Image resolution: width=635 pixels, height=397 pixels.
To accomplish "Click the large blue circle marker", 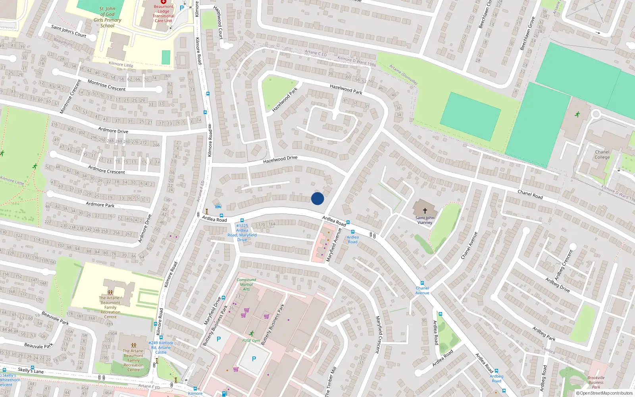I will point(317,198).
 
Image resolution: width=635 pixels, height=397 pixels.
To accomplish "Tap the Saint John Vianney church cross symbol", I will point(425,211).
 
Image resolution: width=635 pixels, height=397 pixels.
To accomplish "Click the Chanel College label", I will point(602,155).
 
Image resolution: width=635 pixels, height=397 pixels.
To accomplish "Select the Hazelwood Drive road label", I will point(280,159).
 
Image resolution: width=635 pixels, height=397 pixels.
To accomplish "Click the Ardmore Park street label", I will point(100,204).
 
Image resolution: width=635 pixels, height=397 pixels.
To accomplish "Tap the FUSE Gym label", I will point(251,341).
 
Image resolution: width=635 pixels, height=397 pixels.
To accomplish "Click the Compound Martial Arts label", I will point(246,284).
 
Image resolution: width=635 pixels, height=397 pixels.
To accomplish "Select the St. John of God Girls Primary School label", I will point(107,17).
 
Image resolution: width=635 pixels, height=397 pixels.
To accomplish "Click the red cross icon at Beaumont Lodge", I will point(164,2).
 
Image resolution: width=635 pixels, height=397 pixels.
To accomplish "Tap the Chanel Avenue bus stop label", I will point(422,291).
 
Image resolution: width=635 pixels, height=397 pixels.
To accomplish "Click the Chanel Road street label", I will point(530,194).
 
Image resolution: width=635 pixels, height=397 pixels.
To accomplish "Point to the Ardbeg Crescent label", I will point(564,265).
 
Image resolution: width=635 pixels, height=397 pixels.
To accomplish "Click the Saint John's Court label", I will point(69,31).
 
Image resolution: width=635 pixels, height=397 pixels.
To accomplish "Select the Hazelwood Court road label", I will point(218,22).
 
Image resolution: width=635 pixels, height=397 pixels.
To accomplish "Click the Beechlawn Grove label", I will point(528,33).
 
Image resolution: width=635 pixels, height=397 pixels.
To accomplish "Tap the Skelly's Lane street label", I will point(31,370).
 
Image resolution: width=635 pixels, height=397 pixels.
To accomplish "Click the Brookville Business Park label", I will point(596,382).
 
